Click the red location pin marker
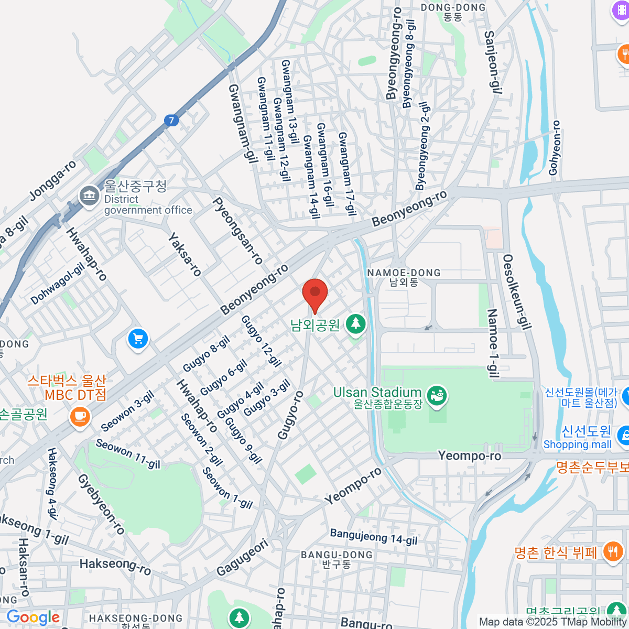(315, 294)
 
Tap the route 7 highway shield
(171, 121)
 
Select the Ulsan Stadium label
(377, 393)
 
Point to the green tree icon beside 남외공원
(356, 324)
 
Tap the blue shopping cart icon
(138, 339)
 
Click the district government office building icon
(89, 196)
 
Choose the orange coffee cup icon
(80, 417)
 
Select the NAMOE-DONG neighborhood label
(404, 273)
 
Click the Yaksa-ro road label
(185, 255)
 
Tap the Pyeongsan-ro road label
(237, 231)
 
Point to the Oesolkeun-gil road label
(516, 292)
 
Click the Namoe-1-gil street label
(493, 343)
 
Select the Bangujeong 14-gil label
(374, 537)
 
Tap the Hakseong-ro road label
(115, 566)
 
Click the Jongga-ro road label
(52, 180)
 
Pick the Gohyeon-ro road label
(555, 148)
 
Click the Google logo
(33, 617)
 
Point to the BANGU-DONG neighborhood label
(337, 555)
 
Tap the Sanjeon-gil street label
(491, 62)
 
